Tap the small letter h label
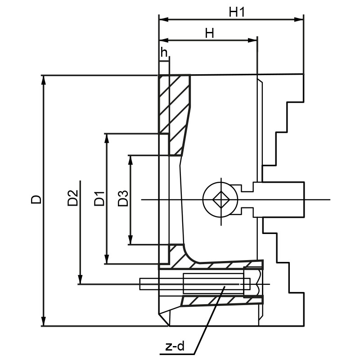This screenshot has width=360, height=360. [x=164, y=53]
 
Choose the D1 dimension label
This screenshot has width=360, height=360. [x=99, y=198]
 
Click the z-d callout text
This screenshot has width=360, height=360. [x=175, y=346]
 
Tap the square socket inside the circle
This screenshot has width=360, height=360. [x=220, y=199]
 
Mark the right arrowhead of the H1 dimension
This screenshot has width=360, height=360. [x=300, y=19]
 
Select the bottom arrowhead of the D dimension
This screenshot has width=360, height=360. [x=43, y=322]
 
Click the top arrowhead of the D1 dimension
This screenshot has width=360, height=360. [x=107, y=137]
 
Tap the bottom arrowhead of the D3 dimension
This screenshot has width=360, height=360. [x=130, y=241]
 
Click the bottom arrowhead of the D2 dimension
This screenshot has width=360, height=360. [x=80, y=280]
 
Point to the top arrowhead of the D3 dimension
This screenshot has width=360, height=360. [x=130, y=159]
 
